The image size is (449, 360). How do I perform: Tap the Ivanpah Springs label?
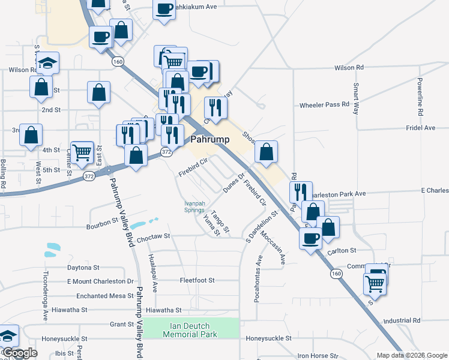click(x=197, y=207)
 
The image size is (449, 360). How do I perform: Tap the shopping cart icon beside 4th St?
click(x=82, y=151)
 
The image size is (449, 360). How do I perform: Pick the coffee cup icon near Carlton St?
click(x=311, y=238)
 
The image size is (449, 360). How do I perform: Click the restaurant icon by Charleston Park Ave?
click(x=301, y=191)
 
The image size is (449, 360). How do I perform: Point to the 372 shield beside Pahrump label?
click(x=167, y=153)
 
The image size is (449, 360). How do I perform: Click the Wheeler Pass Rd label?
click(x=324, y=104)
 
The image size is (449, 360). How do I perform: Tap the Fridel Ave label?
click(x=420, y=128)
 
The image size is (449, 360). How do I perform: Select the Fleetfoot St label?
click(x=197, y=280)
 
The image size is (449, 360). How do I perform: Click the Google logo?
click(x=20, y=353)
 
